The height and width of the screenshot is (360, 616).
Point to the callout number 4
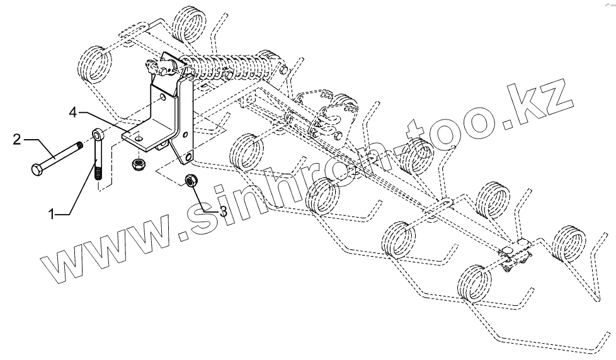click(74, 112)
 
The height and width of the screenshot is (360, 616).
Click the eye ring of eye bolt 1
click(98, 135)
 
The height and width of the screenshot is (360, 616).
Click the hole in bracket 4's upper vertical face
click(163, 98)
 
